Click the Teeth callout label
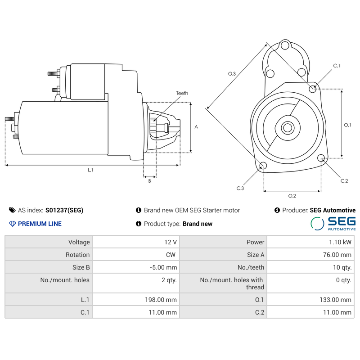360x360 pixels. coord(182,93)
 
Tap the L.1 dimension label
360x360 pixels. coord(90,170)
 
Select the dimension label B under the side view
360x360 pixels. coord(149,181)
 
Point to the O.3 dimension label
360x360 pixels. coord(232,73)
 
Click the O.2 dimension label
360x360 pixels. coord(292,196)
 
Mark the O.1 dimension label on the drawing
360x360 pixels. coord(347,125)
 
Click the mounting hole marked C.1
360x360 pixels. coord(313,89)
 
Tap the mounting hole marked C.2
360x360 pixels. coord(321,158)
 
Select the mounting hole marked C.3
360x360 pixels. coord(263,166)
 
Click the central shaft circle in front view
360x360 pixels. coord(287,128)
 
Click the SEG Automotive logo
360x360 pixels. coord(333,223)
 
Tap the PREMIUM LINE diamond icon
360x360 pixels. coord(12,224)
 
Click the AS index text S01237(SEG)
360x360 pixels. coord(64,210)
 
